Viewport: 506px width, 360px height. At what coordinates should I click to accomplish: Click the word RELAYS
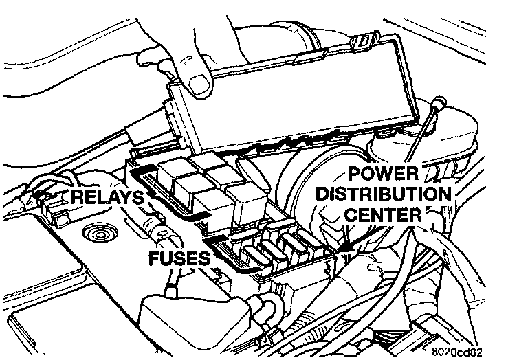[109, 199]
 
